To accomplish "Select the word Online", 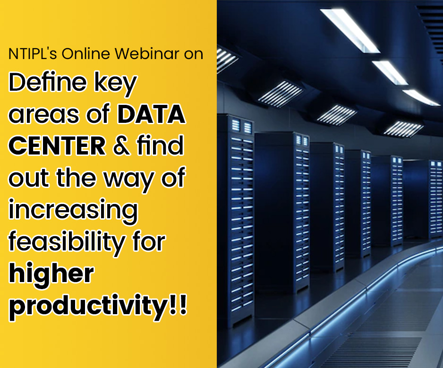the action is tap(85, 53).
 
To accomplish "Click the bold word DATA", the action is tap(152, 114).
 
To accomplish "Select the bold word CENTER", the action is tap(57, 145).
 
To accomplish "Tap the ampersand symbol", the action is tap(121, 145).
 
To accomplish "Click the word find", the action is tap(160, 145).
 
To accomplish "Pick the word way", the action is tap(129, 180).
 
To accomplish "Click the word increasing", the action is tap(74, 211).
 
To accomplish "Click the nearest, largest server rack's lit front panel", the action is tap(241, 221).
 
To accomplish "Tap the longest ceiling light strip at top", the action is tap(350, 31).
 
